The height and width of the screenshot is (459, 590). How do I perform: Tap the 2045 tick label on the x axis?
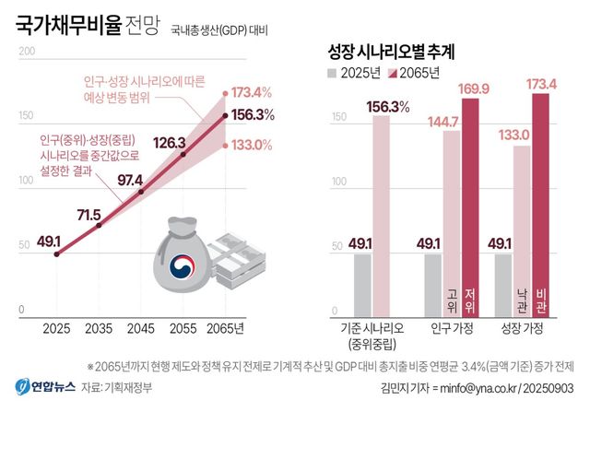click(139, 329)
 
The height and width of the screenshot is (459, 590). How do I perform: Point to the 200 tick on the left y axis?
click(26, 51)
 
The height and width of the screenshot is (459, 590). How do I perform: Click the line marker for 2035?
click(99, 225)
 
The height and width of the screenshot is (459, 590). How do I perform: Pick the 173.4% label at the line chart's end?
click(251, 92)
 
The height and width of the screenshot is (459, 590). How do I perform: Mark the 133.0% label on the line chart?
click(251, 145)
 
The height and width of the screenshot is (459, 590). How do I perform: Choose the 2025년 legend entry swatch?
click(334, 73)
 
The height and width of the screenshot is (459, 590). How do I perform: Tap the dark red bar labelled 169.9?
click(471, 207)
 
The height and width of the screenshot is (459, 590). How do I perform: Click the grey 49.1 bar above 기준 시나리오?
click(362, 285)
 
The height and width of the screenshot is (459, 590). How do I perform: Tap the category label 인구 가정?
click(453, 329)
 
